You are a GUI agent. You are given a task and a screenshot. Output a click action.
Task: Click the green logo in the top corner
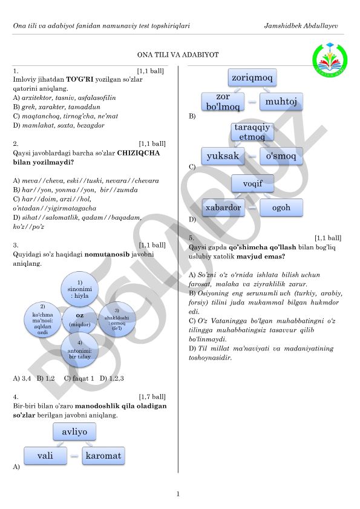(330, 60)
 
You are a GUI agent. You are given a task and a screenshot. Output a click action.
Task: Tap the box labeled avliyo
(74, 432)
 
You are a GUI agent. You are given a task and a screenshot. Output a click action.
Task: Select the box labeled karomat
(103, 456)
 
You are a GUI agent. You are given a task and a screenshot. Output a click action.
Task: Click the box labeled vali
(45, 456)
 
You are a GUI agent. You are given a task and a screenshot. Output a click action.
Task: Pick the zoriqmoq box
(252, 77)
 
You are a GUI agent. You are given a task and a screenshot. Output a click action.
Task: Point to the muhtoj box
(281, 102)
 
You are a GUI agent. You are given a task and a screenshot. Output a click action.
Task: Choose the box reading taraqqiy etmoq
(252, 132)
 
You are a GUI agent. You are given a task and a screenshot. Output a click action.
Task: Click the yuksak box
(223, 156)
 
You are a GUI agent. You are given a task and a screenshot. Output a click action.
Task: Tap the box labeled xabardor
(223, 208)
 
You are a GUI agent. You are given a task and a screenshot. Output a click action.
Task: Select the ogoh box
(281, 208)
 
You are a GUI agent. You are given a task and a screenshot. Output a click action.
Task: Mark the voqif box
(252, 184)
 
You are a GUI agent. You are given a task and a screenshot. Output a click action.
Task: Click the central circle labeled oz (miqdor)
(80, 320)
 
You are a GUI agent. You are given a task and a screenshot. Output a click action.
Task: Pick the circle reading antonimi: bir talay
(80, 350)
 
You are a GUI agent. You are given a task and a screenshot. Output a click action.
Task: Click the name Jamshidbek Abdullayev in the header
(301, 25)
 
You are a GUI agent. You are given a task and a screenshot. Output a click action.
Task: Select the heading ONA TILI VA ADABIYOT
(178, 54)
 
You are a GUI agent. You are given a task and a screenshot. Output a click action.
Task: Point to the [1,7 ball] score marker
(152, 396)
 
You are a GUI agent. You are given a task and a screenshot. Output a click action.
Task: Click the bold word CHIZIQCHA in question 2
(139, 153)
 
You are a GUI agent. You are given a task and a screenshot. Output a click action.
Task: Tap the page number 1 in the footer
(178, 494)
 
